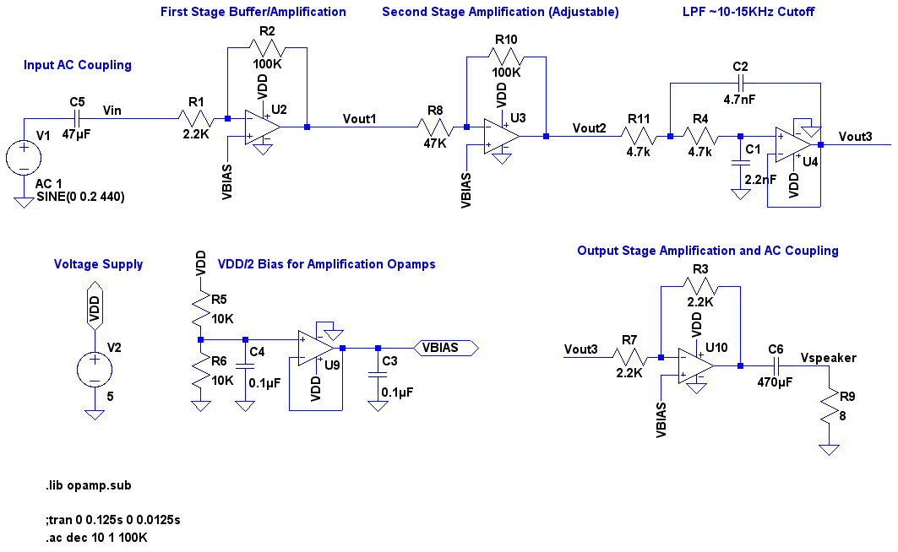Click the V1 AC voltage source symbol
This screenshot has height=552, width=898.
click(24, 157)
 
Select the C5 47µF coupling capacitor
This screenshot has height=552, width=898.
click(77, 119)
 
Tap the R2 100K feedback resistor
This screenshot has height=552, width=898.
click(267, 48)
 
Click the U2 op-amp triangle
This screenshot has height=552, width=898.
click(263, 127)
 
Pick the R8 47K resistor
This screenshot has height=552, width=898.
click(435, 127)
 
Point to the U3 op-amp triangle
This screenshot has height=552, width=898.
click(502, 136)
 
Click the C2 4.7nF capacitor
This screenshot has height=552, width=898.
click(740, 84)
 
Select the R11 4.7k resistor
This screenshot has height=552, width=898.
click(639, 136)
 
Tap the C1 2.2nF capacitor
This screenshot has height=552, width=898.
click(740, 162)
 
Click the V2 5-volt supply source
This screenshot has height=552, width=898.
click(95, 369)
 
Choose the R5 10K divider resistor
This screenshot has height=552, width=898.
click(200, 309)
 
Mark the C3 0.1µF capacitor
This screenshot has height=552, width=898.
click(378, 374)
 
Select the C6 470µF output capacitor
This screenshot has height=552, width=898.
click(776, 365)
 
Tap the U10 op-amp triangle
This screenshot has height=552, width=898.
click(696, 365)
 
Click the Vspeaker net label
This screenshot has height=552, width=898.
click(828, 358)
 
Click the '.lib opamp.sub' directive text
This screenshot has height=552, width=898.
click(89, 485)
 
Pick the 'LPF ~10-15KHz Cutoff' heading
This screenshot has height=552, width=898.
click(748, 12)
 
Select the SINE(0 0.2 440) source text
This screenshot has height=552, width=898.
click(81, 197)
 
